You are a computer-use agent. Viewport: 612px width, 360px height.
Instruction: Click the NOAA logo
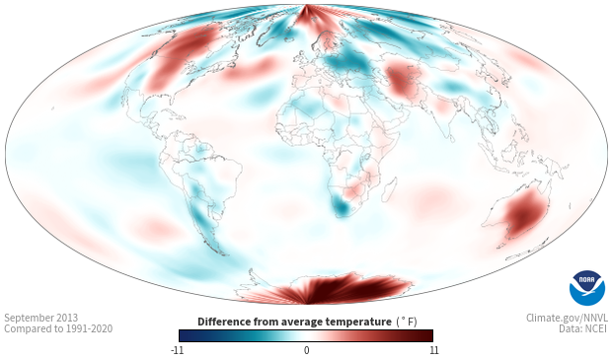[587, 288]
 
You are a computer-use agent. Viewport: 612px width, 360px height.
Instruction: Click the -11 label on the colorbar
[178, 350]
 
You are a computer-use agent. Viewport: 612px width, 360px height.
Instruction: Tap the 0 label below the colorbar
[306, 350]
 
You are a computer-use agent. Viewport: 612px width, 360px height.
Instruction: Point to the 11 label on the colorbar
[434, 350]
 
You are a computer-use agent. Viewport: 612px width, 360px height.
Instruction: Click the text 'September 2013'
[41, 318]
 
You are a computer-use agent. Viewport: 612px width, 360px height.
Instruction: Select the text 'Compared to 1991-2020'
[58, 328]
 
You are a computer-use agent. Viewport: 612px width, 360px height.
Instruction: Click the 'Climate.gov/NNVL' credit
[567, 318]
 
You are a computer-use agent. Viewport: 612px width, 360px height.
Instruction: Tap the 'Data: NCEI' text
[583, 328]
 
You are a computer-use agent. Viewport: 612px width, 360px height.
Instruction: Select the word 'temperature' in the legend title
[358, 322]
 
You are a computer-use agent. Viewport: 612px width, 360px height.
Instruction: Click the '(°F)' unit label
[407, 322]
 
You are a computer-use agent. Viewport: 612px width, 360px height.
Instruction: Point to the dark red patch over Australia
[525, 213]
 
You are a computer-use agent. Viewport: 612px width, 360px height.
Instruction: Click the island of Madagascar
[390, 189]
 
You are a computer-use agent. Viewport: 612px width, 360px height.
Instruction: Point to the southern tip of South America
[222, 253]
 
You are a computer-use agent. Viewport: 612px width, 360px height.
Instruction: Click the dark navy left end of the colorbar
[184, 335]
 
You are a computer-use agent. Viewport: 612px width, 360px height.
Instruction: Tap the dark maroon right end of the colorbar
[428, 335]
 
